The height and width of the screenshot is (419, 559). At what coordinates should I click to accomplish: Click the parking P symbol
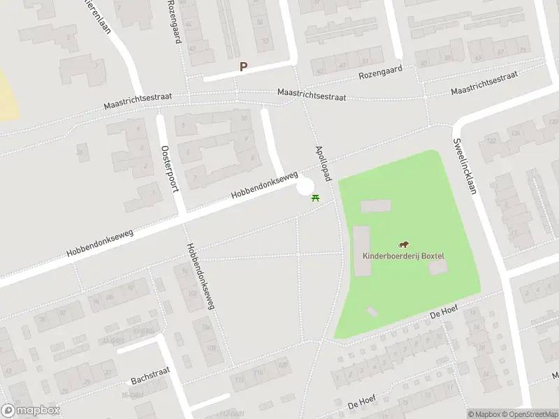point(244,67)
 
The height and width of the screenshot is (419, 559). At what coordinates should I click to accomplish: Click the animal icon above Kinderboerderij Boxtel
point(404,244)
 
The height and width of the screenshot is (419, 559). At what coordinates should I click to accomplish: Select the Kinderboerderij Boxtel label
point(403,256)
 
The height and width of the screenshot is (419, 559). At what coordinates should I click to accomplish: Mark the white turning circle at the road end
point(305,188)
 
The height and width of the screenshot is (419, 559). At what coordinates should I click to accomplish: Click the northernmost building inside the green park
point(375,206)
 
